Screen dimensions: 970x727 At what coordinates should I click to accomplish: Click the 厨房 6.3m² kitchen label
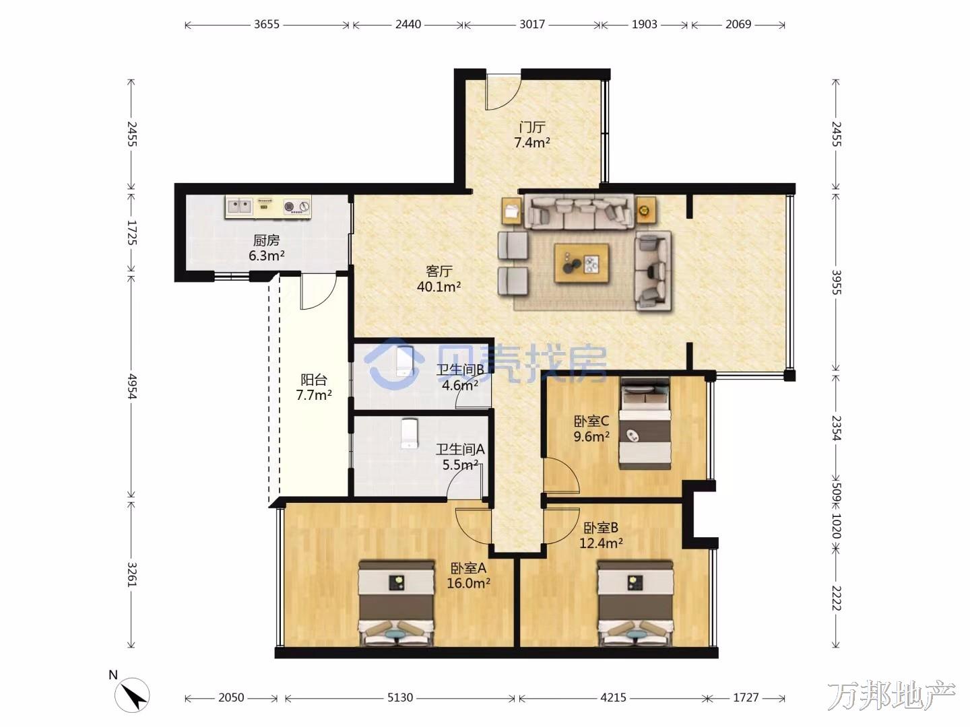pyautogui.click(x=266, y=248)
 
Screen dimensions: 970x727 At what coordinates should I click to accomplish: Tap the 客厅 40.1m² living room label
pyautogui.click(x=439, y=279)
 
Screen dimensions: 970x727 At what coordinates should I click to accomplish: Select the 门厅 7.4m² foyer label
pyautogui.click(x=532, y=135)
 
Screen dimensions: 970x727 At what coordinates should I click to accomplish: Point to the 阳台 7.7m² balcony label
pyautogui.click(x=314, y=387)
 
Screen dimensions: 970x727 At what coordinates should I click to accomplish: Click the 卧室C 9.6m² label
pyautogui.click(x=591, y=429)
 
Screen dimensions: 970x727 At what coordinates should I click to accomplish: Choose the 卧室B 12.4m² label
pyautogui.click(x=601, y=535)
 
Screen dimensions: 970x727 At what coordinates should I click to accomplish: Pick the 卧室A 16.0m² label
pyautogui.click(x=468, y=576)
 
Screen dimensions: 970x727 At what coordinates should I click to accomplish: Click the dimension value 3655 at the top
pyautogui.click(x=267, y=24)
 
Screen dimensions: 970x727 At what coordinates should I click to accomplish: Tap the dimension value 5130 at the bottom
pyautogui.click(x=400, y=697)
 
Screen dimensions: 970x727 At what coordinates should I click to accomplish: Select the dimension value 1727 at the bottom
pyautogui.click(x=746, y=697)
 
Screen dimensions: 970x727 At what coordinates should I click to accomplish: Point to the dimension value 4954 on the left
pyautogui.click(x=131, y=386)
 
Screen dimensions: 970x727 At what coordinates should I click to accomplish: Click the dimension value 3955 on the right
pyautogui.click(x=837, y=283)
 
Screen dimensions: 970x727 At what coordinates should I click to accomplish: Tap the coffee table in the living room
pyautogui.click(x=581, y=263)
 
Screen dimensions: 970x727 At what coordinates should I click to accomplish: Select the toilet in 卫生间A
pyautogui.click(x=410, y=434)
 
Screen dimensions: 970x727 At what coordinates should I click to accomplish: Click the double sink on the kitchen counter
pyautogui.click(x=240, y=205)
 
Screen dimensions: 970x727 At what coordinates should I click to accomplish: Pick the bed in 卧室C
pyautogui.click(x=645, y=423)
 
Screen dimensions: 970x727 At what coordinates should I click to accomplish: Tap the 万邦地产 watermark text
pyautogui.click(x=891, y=695)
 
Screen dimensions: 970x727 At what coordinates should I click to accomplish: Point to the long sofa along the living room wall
pyautogui.click(x=579, y=212)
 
